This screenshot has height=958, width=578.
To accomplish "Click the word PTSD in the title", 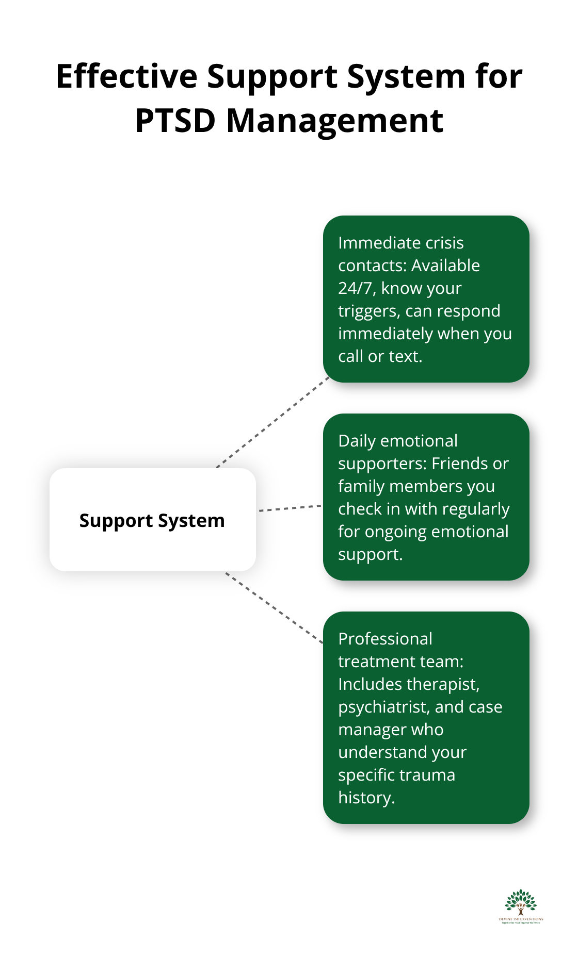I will click(x=174, y=121).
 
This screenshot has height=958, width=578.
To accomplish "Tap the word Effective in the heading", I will click(x=126, y=76).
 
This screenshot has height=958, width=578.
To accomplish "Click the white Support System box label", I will click(x=152, y=520).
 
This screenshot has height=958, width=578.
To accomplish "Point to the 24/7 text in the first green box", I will click(x=356, y=288).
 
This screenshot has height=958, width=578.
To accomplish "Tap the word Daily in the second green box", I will click(x=357, y=441).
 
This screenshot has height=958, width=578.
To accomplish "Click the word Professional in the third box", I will click(x=385, y=639).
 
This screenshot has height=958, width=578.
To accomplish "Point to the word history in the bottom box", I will click(x=365, y=798).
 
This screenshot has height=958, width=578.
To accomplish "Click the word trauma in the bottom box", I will click(x=430, y=775).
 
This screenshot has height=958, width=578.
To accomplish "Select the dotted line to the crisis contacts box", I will click(x=274, y=422).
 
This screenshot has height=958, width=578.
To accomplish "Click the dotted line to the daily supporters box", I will click(x=290, y=508).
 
